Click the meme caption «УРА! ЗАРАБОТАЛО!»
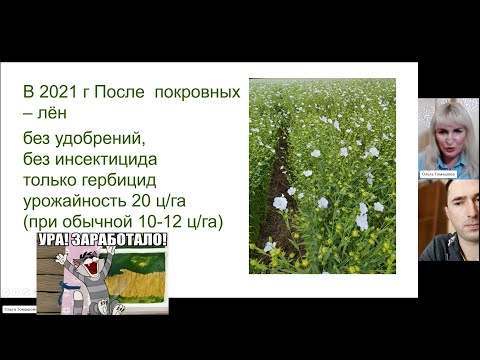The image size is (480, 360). pos(102,242)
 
